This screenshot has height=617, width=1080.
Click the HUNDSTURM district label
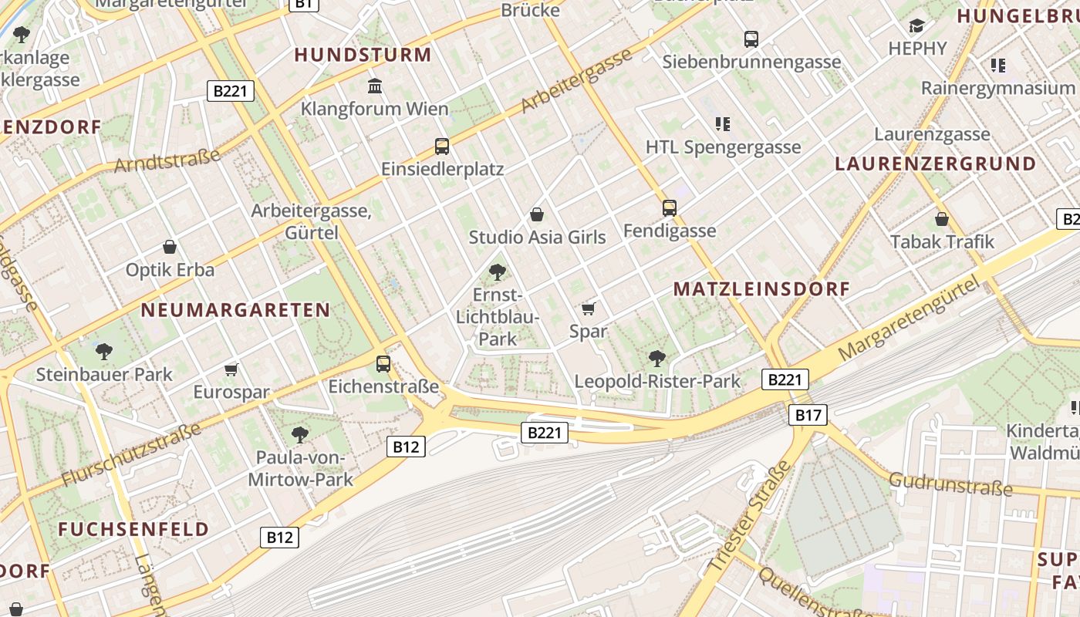pos(363,55)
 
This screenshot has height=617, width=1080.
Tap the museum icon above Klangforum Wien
pos(376,85)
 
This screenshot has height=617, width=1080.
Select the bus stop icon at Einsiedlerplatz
pos(442,147)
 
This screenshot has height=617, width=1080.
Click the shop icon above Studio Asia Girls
pos(537,214)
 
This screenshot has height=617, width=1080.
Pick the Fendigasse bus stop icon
pos(670,208)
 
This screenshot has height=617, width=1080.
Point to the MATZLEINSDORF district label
pos(761,289)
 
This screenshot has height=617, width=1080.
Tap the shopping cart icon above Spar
pos(589,309)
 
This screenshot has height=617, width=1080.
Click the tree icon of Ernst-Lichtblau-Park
pos(498,271)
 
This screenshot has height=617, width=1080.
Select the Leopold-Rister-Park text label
pos(657,381)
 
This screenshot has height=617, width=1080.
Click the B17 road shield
pos(808,416)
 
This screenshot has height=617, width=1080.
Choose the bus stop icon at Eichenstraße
pos(383,364)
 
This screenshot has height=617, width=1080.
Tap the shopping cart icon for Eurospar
pos(231,370)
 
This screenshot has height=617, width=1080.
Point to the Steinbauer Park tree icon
pos(104,352)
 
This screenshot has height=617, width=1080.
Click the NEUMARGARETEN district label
pos(235,310)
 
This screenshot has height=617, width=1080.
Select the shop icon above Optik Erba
pos(170,248)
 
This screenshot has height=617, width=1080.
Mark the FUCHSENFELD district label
pos(133,529)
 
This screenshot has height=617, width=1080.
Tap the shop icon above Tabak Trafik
pos(942,219)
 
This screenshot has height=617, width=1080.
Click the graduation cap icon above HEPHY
pos(916,26)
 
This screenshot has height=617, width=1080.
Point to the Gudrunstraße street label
pos(950,485)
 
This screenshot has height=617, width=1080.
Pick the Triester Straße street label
pos(748,517)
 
